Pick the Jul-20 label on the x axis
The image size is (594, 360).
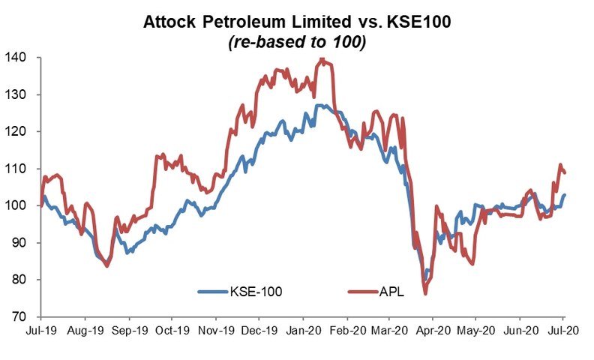564,331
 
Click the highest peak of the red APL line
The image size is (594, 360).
322,58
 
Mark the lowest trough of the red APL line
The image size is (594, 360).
425,294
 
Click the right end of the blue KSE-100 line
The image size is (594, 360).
565,195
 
